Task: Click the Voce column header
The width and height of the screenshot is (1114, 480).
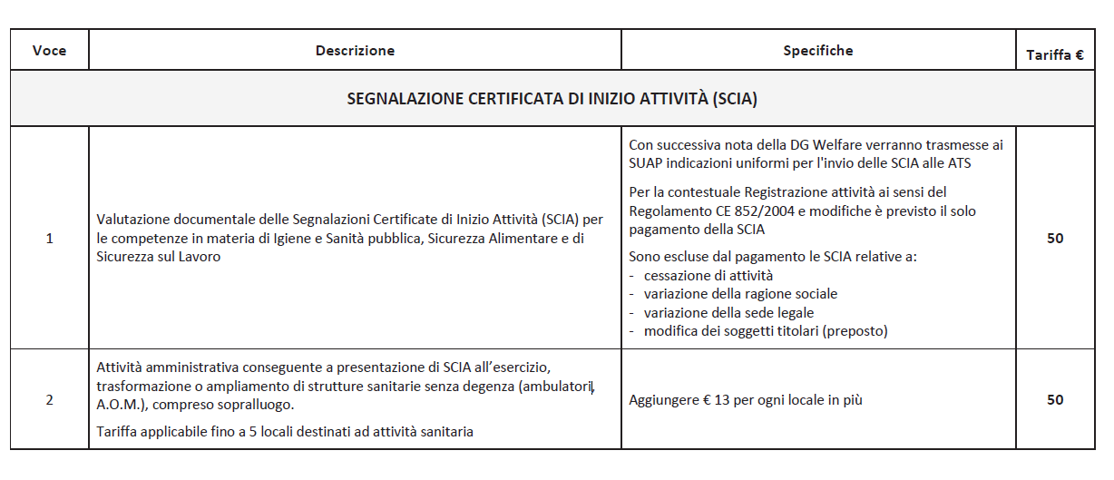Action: [x=49, y=51]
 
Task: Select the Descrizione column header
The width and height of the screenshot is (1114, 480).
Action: [x=355, y=51]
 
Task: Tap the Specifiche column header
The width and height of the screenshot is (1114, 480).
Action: [x=818, y=51]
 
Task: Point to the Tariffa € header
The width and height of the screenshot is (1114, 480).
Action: [x=1054, y=55]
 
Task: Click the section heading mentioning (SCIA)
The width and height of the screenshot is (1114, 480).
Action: [x=552, y=99]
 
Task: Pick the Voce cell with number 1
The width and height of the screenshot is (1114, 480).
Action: [x=49, y=239]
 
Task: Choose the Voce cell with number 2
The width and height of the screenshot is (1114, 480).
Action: [x=49, y=399]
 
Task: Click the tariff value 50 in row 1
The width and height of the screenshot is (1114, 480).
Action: [x=1054, y=239]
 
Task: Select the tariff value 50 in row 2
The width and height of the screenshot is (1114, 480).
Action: [x=1054, y=399]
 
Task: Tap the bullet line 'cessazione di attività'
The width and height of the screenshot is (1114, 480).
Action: [x=708, y=275]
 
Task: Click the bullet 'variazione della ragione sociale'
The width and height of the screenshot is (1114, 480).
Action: [x=740, y=294]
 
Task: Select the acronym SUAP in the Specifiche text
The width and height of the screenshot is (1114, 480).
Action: [x=647, y=163]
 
